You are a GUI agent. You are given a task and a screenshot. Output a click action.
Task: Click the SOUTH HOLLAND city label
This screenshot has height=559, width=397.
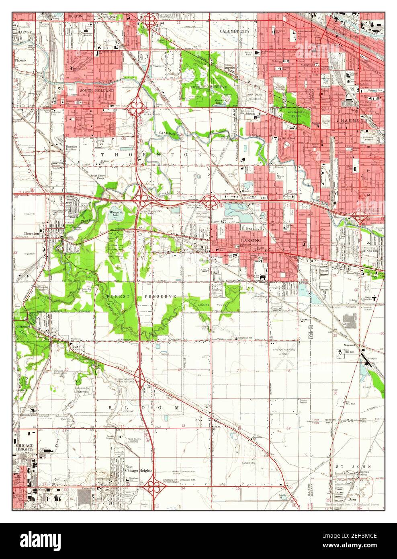point(97,91)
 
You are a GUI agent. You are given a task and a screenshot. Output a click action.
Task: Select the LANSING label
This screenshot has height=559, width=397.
point(251,240)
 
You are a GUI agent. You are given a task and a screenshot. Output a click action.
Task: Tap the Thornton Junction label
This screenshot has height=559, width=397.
point(74,148)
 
